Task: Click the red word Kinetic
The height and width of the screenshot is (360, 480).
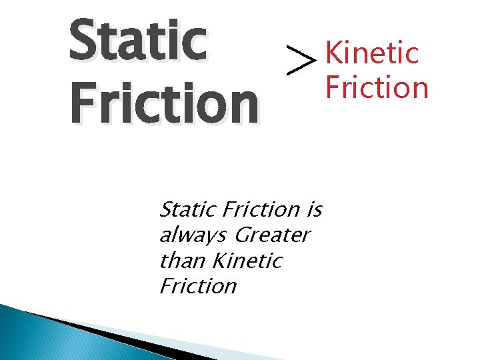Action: point(372,53)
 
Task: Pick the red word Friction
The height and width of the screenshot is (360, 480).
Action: point(376,87)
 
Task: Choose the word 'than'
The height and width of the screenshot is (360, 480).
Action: point(179,261)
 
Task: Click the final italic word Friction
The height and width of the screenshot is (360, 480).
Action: point(198,286)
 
